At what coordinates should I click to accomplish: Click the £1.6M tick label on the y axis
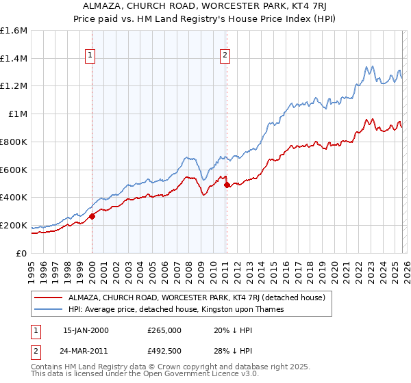click(x=14, y=31)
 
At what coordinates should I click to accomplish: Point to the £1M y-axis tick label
click(x=17, y=114)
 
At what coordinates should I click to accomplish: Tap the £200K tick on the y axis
click(x=14, y=225)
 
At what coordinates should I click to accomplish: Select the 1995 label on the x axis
click(x=32, y=267)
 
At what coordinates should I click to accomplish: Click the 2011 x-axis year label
click(x=225, y=267)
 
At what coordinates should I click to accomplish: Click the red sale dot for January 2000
click(x=92, y=216)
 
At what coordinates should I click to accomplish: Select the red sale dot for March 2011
click(x=227, y=185)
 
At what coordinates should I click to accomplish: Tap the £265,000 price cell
click(x=164, y=330)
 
